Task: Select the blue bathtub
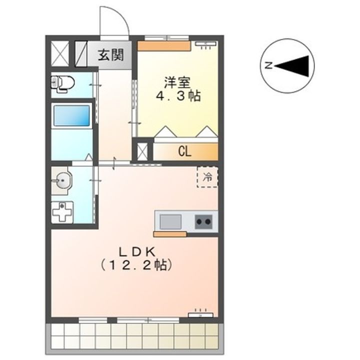click(x=71, y=116)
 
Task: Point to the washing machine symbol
click(x=62, y=212)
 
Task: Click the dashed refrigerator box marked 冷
click(x=207, y=176)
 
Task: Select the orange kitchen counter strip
click(x=169, y=234)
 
